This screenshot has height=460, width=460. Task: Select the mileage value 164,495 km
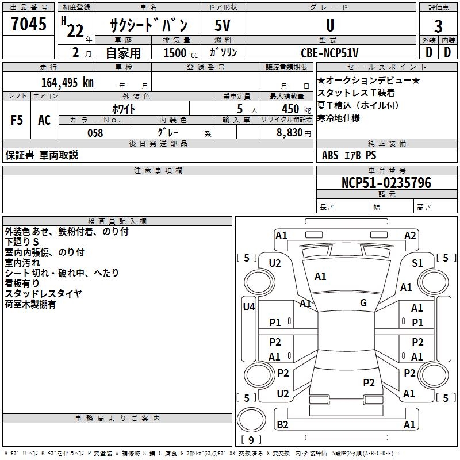(67, 82)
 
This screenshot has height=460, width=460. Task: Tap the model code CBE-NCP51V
(329, 53)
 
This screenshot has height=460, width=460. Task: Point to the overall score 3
(438, 26)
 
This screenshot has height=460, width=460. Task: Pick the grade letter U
(329, 25)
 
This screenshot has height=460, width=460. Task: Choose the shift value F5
(17, 120)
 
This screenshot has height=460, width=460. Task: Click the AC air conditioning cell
(44, 120)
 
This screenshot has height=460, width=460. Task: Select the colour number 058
(95, 133)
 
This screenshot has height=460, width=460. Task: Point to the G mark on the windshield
(363, 303)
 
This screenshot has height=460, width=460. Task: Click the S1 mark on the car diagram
(417, 263)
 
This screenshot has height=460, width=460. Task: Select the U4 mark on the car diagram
(248, 306)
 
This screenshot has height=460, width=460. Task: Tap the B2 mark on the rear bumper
(282, 425)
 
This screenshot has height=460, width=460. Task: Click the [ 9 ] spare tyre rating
(251, 440)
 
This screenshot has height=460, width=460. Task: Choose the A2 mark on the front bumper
(410, 235)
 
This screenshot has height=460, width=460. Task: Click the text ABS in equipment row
(330, 155)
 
